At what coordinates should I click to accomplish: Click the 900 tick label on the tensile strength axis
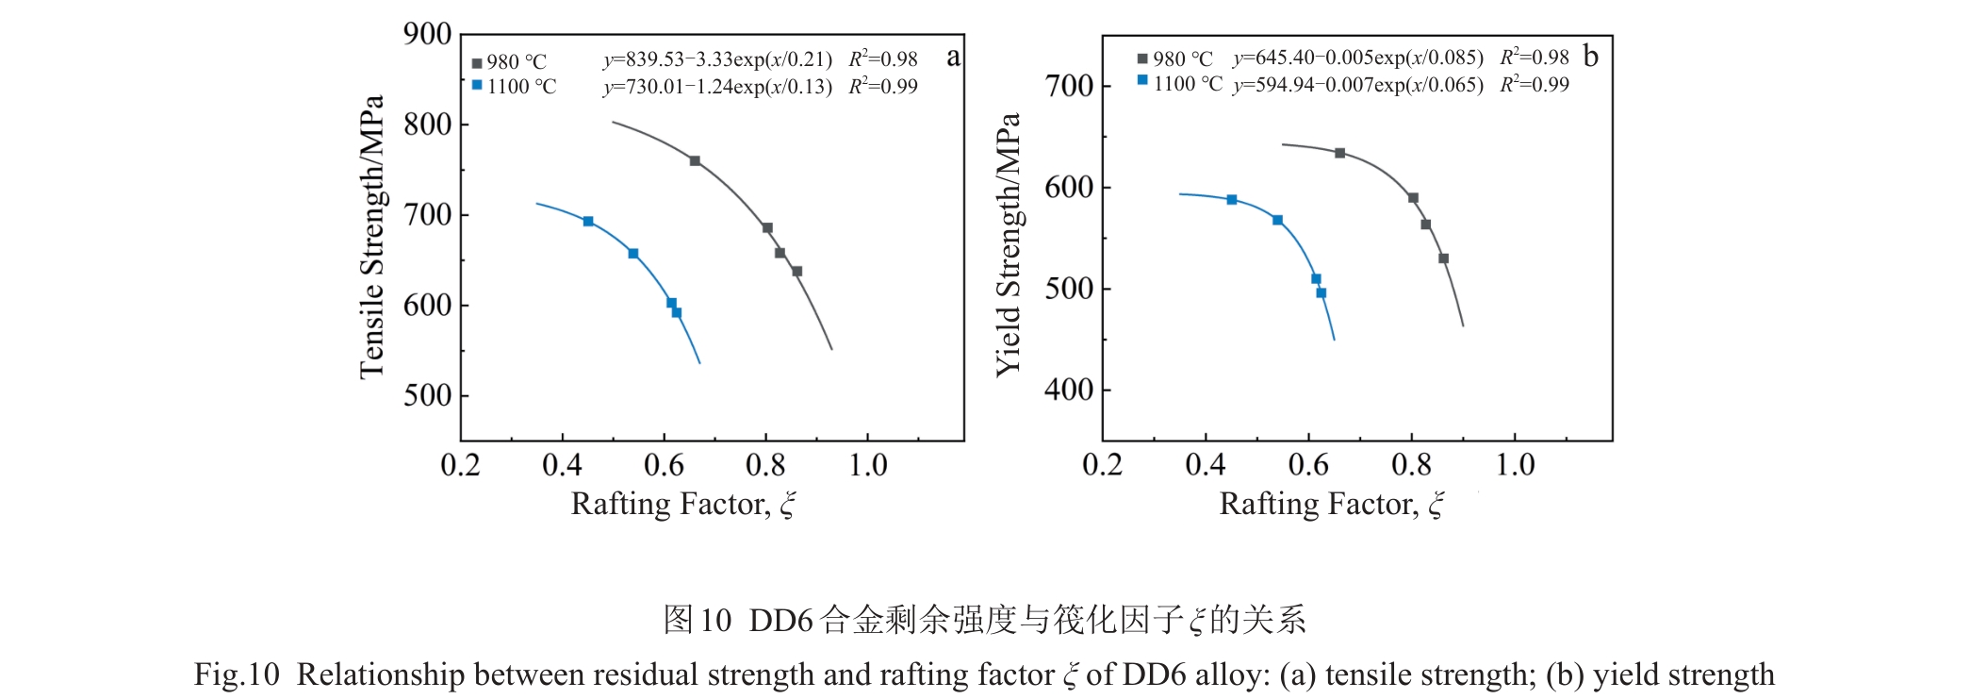pyautogui.click(x=427, y=34)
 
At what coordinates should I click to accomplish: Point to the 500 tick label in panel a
pyautogui.click(x=427, y=395)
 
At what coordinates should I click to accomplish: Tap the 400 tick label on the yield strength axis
pyautogui.click(x=1068, y=390)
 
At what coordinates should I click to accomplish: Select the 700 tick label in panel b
pyautogui.click(x=1068, y=86)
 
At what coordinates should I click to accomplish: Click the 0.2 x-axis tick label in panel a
pyautogui.click(x=460, y=465)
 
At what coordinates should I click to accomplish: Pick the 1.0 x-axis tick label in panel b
pyautogui.click(x=1515, y=465)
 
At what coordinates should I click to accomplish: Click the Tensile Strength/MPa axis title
pyautogui.click(x=372, y=237)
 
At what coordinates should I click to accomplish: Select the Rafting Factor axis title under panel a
pyautogui.click(x=683, y=505)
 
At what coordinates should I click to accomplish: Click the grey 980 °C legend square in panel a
pyautogui.click(x=477, y=63)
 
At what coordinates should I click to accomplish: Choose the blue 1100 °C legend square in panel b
pyautogui.click(x=1142, y=81)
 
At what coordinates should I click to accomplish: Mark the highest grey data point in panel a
pyautogui.click(x=695, y=161)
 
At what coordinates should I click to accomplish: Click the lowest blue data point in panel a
pyautogui.click(x=677, y=312)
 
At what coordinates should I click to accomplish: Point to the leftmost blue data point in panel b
pyautogui.click(x=1232, y=200)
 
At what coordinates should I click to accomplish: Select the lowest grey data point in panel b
pyautogui.click(x=1443, y=258)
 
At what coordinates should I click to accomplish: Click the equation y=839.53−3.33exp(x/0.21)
pyautogui.click(x=717, y=59)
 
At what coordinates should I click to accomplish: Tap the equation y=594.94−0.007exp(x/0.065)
pyautogui.click(x=1357, y=85)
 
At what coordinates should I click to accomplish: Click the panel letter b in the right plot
pyautogui.click(x=1590, y=57)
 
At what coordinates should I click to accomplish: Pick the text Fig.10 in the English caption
pyautogui.click(x=237, y=674)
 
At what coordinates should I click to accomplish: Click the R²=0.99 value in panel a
pyautogui.click(x=883, y=87)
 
